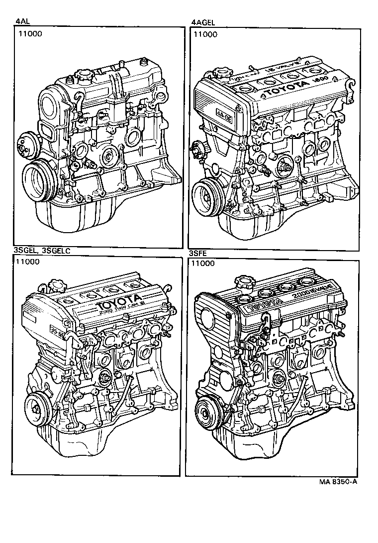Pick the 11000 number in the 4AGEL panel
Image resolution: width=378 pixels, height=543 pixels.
(x=205, y=34)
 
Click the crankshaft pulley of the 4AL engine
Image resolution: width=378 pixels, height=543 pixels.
(x=38, y=181)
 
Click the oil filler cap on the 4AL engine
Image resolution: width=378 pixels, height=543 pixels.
(x=83, y=78)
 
